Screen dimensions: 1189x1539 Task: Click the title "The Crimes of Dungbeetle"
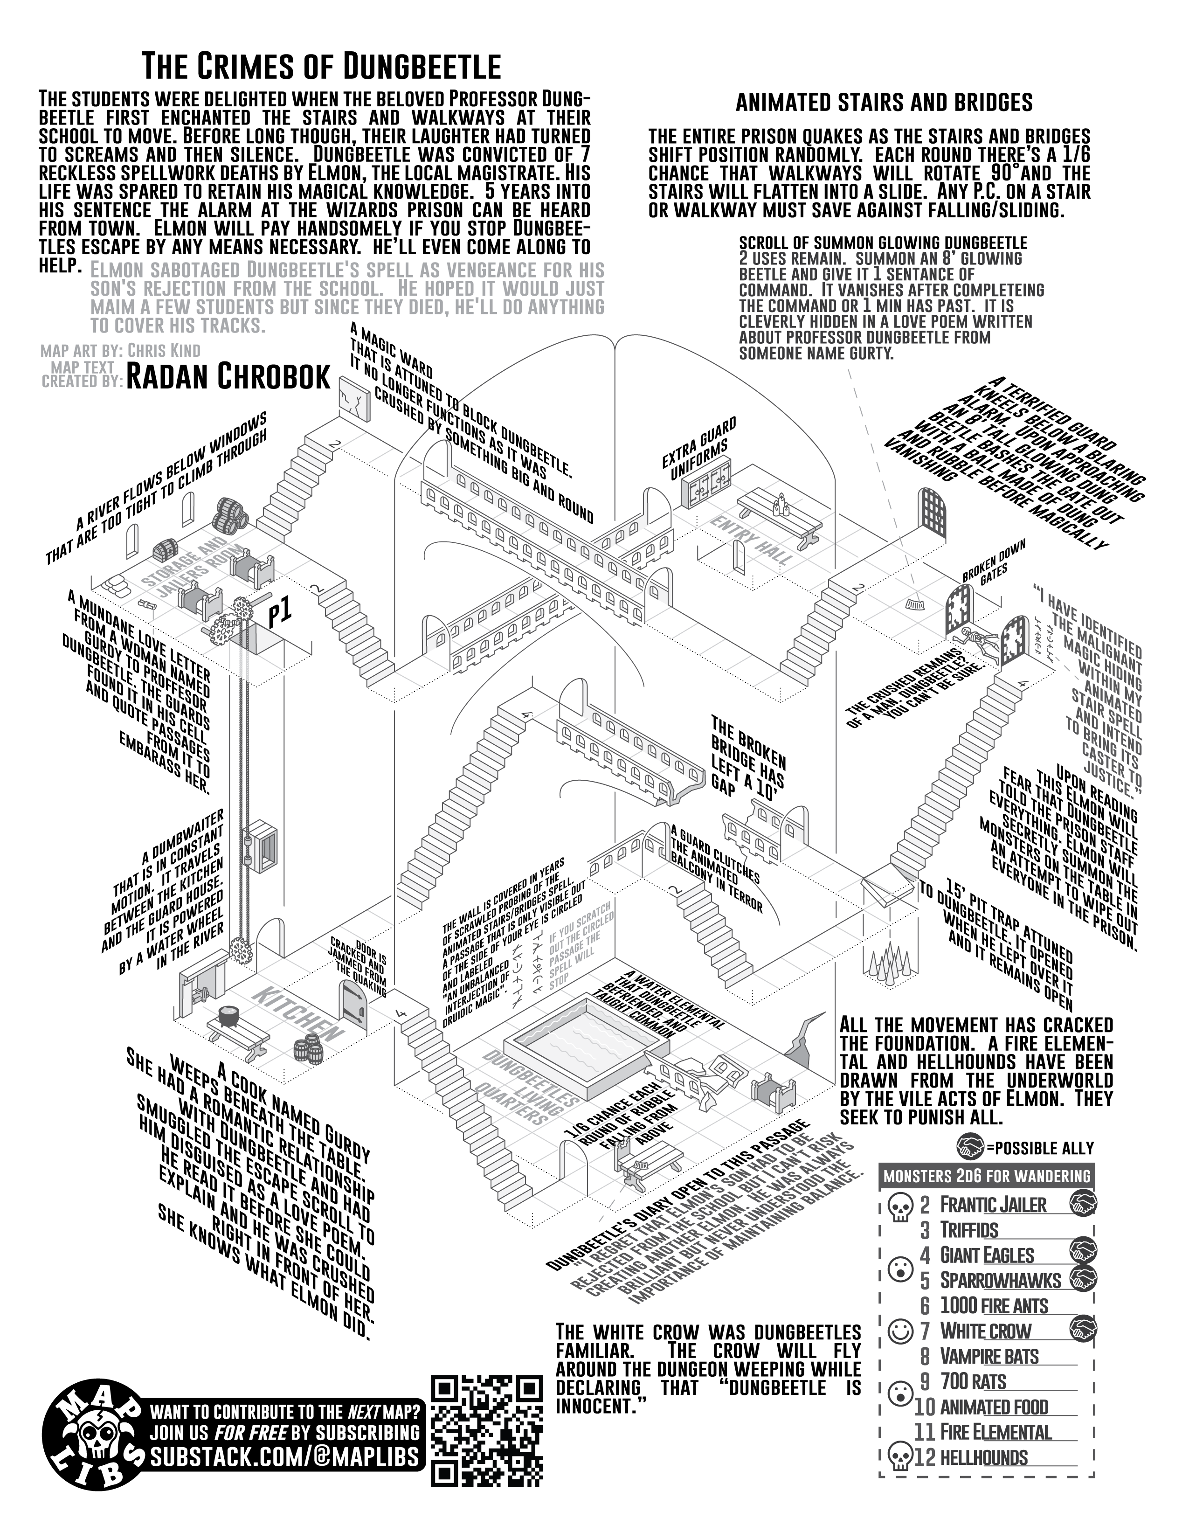pyautogui.click(x=321, y=67)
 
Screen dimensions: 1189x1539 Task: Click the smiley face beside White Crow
pyautogui.click(x=898, y=1331)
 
